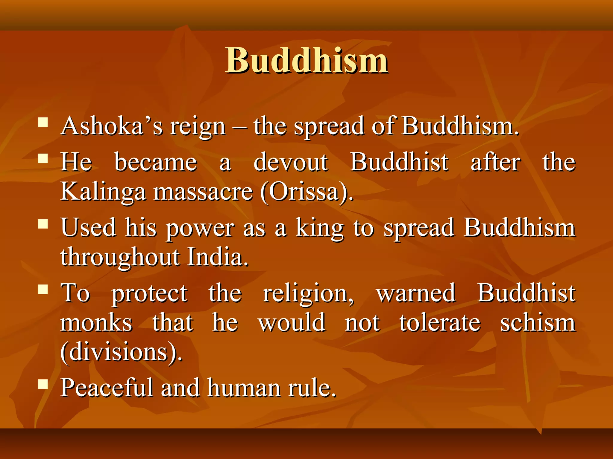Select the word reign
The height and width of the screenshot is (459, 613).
point(198,127)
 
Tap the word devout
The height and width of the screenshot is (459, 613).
point(291,162)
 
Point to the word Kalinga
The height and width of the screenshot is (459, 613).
point(103,192)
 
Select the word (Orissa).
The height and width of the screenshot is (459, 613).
point(307,192)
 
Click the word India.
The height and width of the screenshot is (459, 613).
point(218,257)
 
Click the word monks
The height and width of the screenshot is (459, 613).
point(96,323)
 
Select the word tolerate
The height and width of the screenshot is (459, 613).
point(440,323)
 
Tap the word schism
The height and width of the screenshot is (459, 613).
point(538,323)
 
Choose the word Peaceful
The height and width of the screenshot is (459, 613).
point(107,388)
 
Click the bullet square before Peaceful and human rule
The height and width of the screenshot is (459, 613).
point(43,384)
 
